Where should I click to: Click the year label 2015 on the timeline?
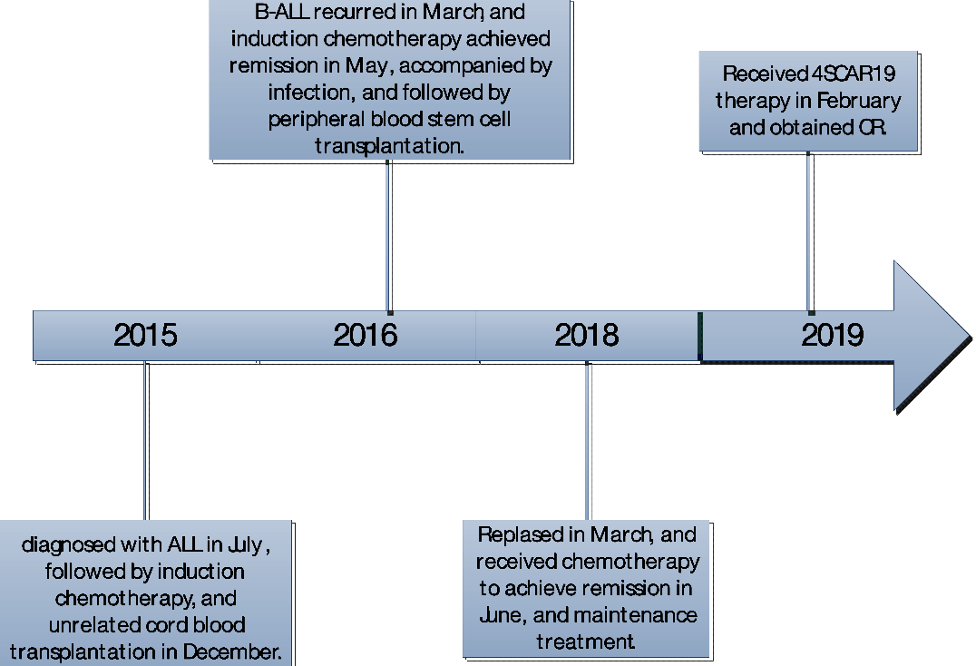(x=145, y=335)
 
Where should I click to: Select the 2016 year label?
(x=366, y=335)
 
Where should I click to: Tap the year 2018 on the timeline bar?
(x=586, y=335)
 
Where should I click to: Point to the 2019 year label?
(x=832, y=335)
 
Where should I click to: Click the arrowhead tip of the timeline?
(x=971, y=338)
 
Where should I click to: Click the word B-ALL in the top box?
(x=282, y=12)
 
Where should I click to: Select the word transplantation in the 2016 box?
(x=389, y=146)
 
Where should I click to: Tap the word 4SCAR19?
(x=854, y=74)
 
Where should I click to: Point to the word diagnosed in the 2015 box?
(x=68, y=545)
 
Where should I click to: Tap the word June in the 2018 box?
(x=503, y=615)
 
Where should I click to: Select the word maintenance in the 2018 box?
(x=636, y=615)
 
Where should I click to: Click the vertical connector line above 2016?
(x=389, y=237)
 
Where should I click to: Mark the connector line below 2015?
(x=146, y=441)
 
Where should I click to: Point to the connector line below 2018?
(x=588, y=441)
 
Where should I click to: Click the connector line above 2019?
(x=810, y=232)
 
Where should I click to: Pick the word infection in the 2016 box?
(x=311, y=93)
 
